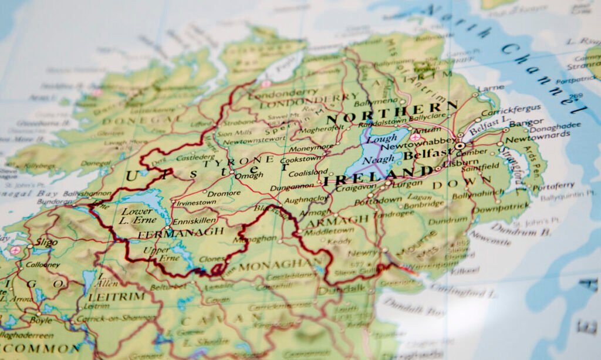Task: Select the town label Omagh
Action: pyautogui.click(x=251, y=175)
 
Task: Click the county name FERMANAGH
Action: pyautogui.click(x=181, y=233)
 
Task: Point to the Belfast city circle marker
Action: pyautogui.click(x=460, y=146)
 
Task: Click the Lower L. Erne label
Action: pyautogui.click(x=136, y=216)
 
